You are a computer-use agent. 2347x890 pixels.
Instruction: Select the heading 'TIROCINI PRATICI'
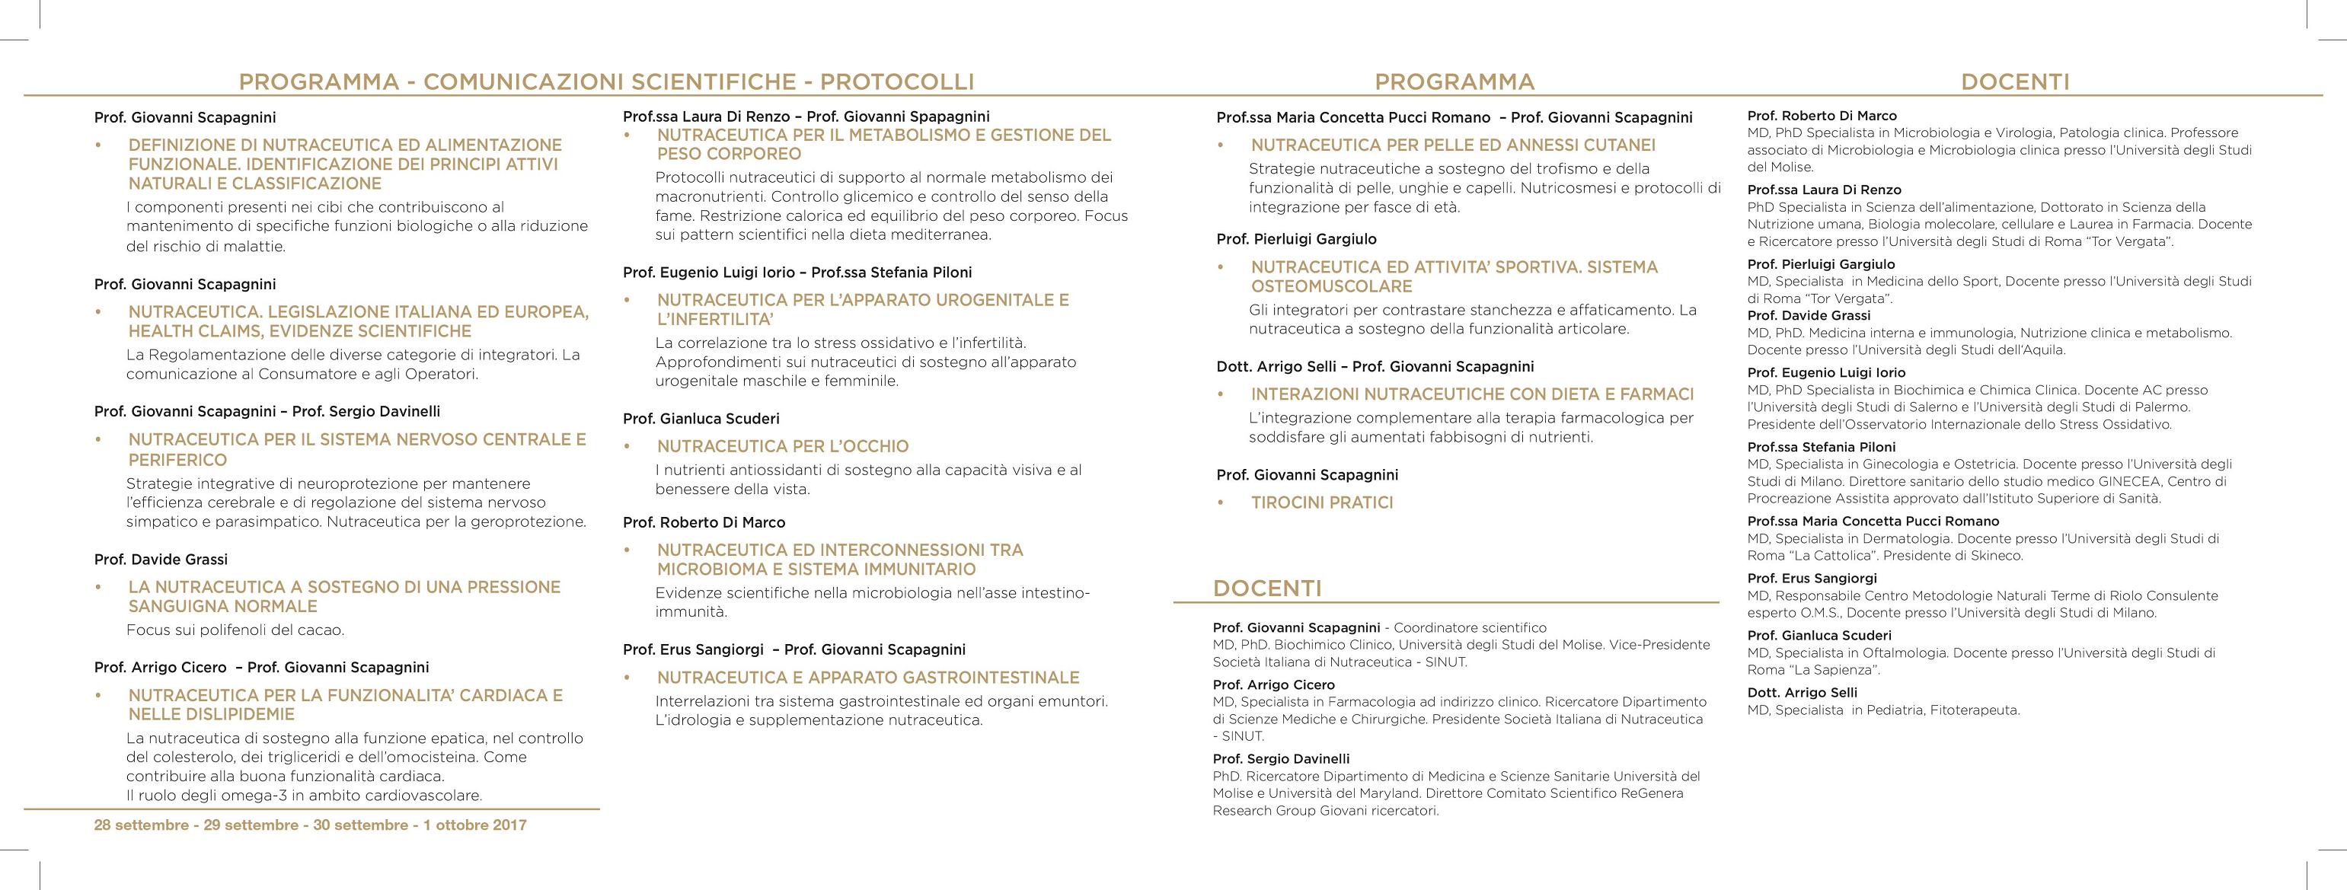pyautogui.click(x=1321, y=502)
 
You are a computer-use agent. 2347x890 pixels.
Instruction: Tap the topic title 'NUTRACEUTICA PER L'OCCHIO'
pyautogui.click(x=783, y=446)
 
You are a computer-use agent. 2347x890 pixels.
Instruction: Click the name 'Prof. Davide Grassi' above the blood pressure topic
pyautogui.click(x=161, y=560)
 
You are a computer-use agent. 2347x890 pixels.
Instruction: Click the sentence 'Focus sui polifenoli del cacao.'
pyautogui.click(x=235, y=630)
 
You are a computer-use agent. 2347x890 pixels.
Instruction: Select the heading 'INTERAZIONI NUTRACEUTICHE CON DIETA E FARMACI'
pyautogui.click(x=1471, y=394)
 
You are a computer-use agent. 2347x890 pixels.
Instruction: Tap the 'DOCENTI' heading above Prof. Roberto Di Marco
pyautogui.click(x=2014, y=82)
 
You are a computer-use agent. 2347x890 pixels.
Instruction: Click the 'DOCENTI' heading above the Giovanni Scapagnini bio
pyautogui.click(x=1266, y=589)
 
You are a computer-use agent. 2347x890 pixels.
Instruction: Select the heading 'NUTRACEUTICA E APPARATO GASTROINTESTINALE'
pyautogui.click(x=867, y=678)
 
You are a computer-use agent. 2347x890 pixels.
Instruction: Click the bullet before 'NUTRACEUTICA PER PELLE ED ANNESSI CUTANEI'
pyautogui.click(x=1221, y=145)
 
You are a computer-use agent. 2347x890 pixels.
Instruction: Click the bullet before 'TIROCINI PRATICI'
pyautogui.click(x=1221, y=502)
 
